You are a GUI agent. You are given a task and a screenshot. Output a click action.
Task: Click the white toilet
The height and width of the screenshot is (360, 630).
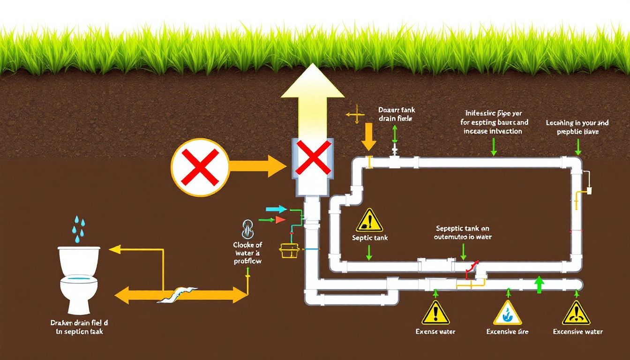(79, 279)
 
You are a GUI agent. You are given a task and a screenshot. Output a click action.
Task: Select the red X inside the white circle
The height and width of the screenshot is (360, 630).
(200, 167)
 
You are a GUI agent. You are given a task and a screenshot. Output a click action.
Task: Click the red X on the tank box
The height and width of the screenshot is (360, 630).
(313, 157)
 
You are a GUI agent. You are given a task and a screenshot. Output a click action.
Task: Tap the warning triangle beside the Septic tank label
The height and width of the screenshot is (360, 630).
(369, 220)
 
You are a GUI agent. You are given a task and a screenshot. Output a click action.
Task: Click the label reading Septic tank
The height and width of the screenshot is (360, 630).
(370, 238)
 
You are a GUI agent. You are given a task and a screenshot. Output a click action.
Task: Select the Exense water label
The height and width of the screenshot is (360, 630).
(435, 332)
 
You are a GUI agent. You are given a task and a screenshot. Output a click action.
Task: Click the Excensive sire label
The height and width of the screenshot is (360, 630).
(507, 332)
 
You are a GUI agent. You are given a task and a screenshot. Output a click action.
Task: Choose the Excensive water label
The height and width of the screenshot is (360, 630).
(577, 332)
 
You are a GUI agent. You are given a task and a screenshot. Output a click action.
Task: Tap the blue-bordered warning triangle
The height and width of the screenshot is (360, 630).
(507, 313)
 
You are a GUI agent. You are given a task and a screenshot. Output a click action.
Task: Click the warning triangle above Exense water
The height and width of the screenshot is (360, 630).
(435, 313)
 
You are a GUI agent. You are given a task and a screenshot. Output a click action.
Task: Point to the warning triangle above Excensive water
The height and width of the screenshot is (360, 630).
(576, 313)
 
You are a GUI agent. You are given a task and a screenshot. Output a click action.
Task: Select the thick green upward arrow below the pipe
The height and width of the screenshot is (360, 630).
(539, 285)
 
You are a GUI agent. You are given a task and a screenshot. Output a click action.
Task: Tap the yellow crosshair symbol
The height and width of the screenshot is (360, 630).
(355, 114)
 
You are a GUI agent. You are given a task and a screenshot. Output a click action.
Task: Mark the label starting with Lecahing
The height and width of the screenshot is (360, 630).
(577, 127)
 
